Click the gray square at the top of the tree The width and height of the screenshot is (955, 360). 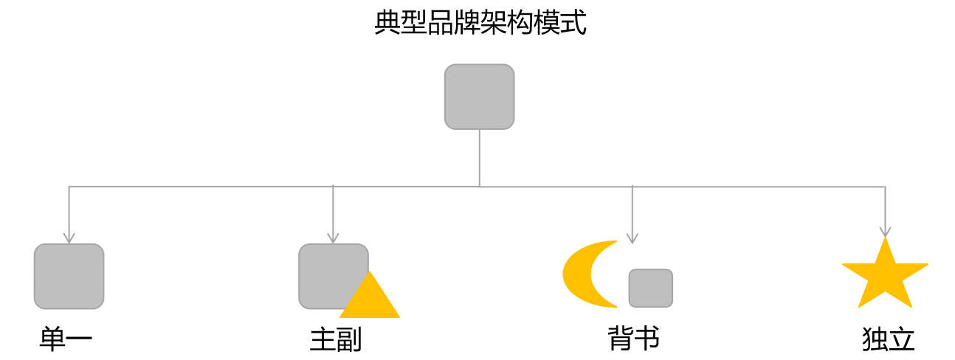(479, 97)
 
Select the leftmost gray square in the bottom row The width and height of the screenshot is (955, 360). (69, 276)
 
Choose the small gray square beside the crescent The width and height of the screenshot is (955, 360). (650, 288)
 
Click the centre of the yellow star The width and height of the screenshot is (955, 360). (885, 276)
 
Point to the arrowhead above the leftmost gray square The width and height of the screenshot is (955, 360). (69, 238)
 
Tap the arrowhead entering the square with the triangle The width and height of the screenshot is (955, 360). (333, 238)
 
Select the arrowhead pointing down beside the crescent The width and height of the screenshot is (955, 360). (632, 238)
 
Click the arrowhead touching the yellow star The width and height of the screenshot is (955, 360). (885, 232)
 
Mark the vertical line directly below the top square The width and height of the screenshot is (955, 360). (479, 156)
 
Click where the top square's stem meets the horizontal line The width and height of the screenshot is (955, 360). (479, 186)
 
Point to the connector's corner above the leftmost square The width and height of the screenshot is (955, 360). (69, 186)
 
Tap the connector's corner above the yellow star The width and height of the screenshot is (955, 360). (885, 187)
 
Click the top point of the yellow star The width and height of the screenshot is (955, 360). (885, 238)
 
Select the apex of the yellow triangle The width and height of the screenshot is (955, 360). (370, 271)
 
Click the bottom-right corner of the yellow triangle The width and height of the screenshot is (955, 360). (399, 316)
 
